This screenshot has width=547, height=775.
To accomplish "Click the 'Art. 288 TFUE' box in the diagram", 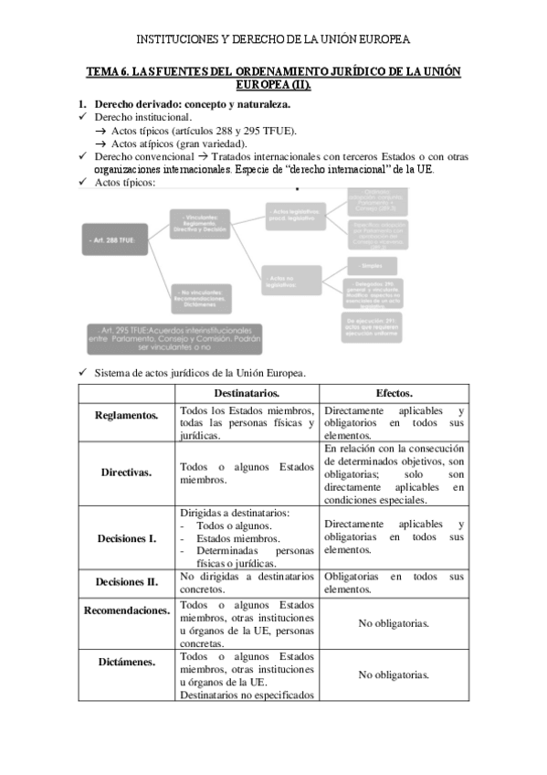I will click(121, 239).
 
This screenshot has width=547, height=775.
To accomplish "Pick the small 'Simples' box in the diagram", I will click(373, 265).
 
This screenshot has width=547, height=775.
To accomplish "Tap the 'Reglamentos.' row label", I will click(126, 416).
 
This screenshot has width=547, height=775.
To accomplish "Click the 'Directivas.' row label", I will click(126, 472).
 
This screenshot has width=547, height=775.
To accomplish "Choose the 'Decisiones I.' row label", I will click(126, 538).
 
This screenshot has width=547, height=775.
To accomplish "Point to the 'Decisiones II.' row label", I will click(126, 581).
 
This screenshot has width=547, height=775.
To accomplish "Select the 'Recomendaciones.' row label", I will click(126, 610).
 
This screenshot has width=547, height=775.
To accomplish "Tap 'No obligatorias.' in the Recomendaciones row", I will click(394, 623).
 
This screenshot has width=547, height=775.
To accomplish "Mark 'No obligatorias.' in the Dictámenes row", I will click(394, 674).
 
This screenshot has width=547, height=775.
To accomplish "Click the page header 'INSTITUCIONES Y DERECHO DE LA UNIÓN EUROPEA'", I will click(273, 39).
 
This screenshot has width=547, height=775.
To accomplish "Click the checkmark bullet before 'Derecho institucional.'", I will click(83, 117).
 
